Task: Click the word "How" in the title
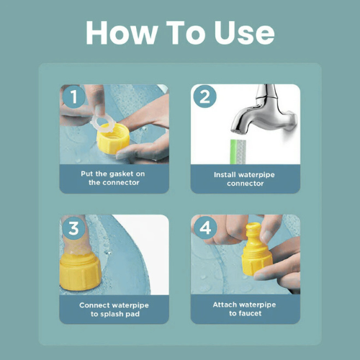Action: (x=121, y=32)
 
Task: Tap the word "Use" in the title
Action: (x=244, y=32)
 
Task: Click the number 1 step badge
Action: (x=73, y=96)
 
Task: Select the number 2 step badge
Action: (x=204, y=96)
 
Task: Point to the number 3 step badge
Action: (x=73, y=228)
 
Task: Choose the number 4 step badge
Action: (x=205, y=228)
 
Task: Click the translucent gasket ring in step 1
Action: (x=104, y=124)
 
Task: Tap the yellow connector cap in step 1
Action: (x=113, y=139)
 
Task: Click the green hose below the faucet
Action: (x=238, y=152)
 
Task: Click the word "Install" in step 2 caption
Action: (x=225, y=174)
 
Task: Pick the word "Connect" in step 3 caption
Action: (x=93, y=305)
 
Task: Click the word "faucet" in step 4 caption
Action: (x=250, y=313)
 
